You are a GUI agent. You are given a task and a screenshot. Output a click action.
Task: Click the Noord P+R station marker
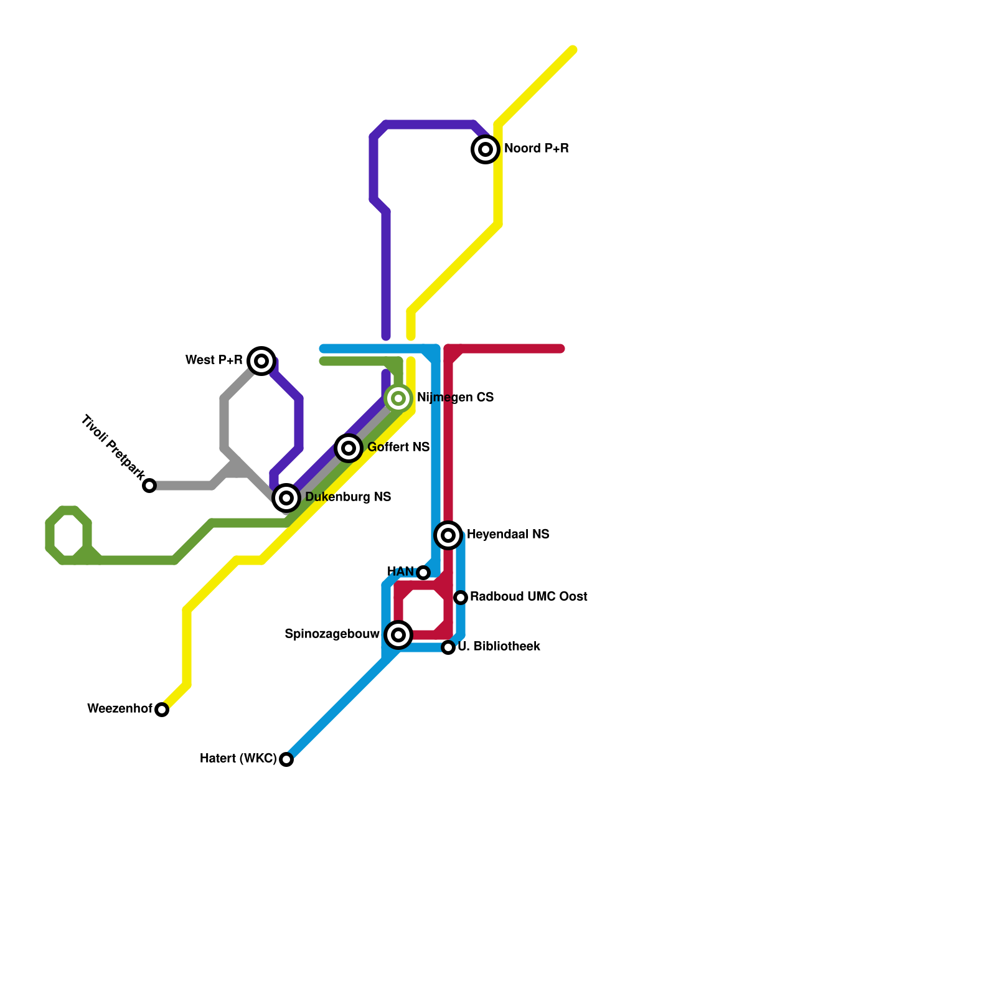pyautogui.click(x=486, y=149)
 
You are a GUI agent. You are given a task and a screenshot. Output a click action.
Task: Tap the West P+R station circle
pyautogui.click(x=261, y=361)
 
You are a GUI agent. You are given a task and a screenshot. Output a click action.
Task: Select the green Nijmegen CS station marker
pyautogui.click(x=398, y=398)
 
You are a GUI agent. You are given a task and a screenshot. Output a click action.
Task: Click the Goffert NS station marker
pyautogui.click(x=349, y=448)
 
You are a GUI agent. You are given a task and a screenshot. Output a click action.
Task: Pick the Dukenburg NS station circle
pyautogui.click(x=286, y=498)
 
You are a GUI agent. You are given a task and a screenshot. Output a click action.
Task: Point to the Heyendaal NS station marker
pyautogui.click(x=448, y=535)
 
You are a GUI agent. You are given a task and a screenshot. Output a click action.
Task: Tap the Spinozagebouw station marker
pyautogui.click(x=398, y=635)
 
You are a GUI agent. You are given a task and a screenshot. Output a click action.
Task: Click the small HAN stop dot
pyautogui.click(x=423, y=573)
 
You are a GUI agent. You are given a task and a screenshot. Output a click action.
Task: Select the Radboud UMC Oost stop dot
pyautogui.click(x=461, y=598)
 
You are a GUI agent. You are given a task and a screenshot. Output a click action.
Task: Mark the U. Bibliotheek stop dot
pyautogui.click(x=448, y=647)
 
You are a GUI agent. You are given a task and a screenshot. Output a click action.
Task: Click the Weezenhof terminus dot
pyautogui.click(x=162, y=710)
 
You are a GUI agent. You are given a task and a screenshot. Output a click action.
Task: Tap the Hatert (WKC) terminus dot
pyautogui.click(x=286, y=759)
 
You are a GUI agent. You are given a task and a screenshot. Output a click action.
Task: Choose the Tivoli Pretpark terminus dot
pyautogui.click(x=149, y=486)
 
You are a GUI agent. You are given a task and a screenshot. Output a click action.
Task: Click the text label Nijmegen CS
pyautogui.click(x=455, y=398)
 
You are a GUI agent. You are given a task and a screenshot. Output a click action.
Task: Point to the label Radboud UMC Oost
pyautogui.click(x=529, y=597)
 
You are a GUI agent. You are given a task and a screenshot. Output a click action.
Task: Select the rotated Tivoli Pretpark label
pyautogui.click(x=113, y=448)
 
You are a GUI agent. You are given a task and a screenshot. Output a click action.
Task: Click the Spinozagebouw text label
pyautogui.click(x=332, y=634)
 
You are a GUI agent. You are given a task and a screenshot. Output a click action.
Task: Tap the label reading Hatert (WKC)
pyautogui.click(x=238, y=759)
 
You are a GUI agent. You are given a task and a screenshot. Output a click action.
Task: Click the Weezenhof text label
pyautogui.click(x=120, y=709)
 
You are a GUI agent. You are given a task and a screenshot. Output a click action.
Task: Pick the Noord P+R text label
pyautogui.click(x=536, y=149)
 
